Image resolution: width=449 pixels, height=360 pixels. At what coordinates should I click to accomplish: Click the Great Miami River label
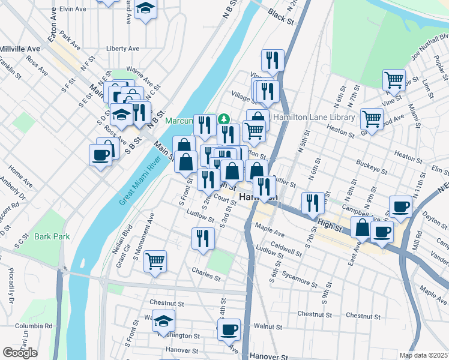tap(142, 180)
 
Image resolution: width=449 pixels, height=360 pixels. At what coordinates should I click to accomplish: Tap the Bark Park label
tap(52, 236)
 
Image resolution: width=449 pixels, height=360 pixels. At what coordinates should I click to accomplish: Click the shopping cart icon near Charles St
tap(155, 261)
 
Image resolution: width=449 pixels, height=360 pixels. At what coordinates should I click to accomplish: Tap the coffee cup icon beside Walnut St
tap(228, 329)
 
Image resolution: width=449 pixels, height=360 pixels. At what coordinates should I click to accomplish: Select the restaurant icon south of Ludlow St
tap(203, 238)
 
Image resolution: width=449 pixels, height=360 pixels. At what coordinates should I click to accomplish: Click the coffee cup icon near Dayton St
tap(400, 206)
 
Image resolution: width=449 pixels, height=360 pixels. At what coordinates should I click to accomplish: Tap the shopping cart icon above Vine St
tap(393, 79)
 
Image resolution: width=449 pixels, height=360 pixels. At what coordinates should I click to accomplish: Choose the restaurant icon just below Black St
tap(273, 60)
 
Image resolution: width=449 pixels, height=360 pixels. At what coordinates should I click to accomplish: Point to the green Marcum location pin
tap(223, 119)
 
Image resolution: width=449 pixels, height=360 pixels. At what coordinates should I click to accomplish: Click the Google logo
tap(20, 353)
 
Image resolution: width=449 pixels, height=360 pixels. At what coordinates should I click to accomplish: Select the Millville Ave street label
tap(20, 48)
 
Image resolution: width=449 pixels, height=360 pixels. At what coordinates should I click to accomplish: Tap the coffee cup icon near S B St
tap(100, 154)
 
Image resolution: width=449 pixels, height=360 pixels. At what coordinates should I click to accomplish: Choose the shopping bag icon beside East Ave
tap(362, 228)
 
